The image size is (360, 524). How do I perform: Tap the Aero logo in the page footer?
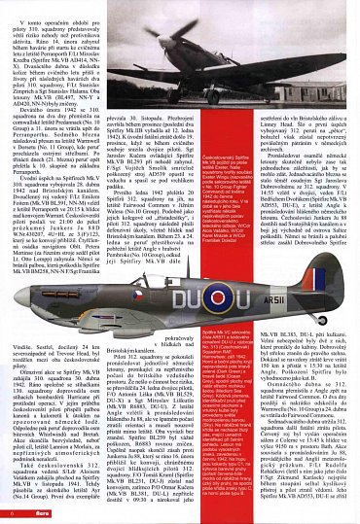(x=39, y=513)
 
